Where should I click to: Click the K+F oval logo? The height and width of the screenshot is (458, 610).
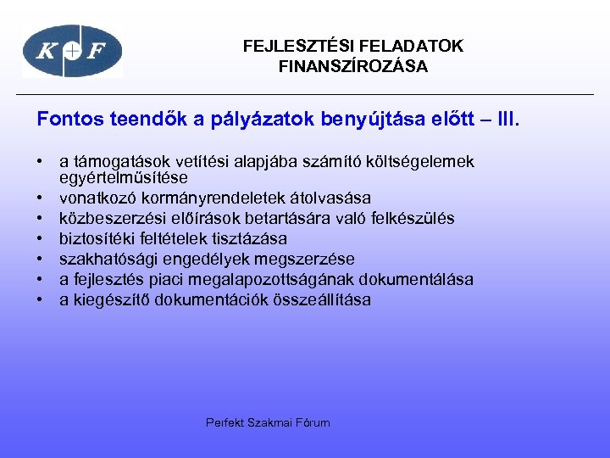point(72,51)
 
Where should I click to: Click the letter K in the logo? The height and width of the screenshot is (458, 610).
point(46,52)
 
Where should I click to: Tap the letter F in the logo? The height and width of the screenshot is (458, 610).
point(98,52)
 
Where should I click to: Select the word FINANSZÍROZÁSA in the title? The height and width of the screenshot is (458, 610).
point(353,66)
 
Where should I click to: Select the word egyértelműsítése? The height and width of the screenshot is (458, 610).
point(123,179)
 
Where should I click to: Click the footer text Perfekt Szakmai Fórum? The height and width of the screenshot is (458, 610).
point(268,422)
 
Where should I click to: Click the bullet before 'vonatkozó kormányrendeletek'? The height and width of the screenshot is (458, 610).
point(40,198)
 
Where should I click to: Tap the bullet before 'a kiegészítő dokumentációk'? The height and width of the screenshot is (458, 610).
point(40,300)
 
